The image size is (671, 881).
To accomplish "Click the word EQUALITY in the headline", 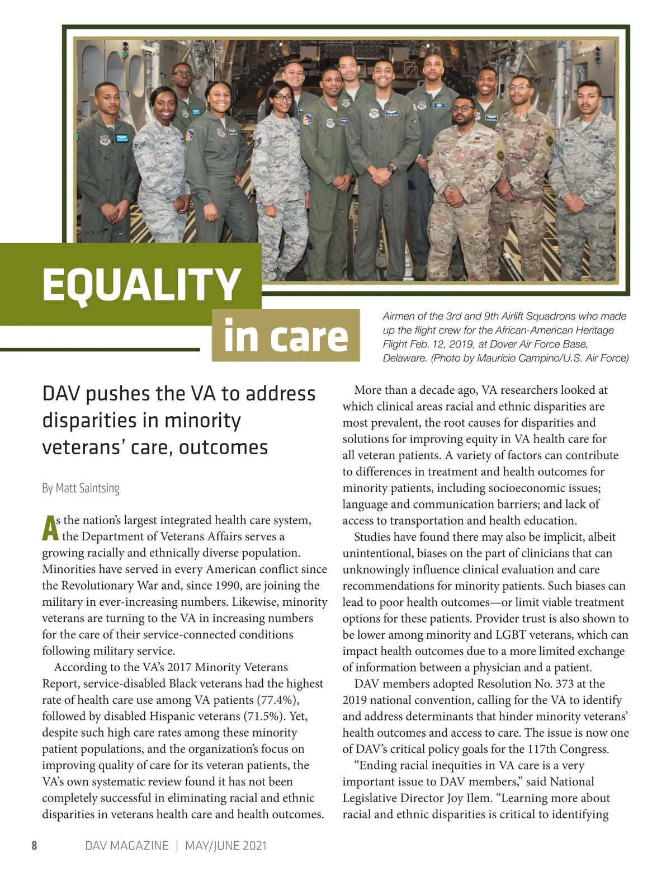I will (x=141, y=284).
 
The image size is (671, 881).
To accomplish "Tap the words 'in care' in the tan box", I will (x=285, y=336).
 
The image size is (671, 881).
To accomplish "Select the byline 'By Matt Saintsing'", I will (x=81, y=488).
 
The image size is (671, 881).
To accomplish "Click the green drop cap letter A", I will (x=50, y=529).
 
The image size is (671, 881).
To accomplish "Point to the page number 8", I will (x=34, y=845).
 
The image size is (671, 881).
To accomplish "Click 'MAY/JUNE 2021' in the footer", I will (x=226, y=845).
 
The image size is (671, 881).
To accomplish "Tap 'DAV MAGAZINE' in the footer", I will (x=126, y=845).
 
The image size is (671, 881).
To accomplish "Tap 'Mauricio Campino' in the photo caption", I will (x=515, y=358).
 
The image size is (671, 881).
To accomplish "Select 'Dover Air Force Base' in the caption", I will (x=538, y=344).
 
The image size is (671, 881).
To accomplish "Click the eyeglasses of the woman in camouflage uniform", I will (x=283, y=97).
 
